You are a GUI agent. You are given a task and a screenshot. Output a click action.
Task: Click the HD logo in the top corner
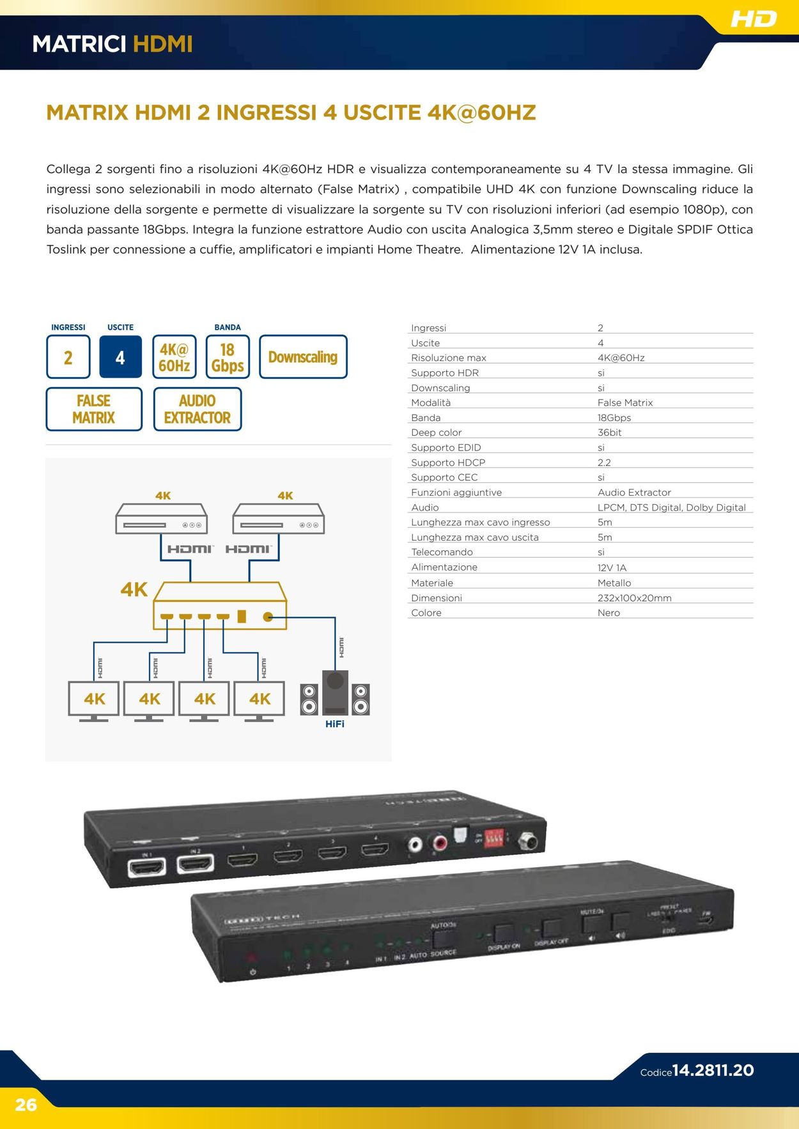754,19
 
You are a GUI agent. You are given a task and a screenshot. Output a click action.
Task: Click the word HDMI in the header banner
162,44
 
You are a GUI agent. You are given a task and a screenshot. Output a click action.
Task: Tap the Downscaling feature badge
303,357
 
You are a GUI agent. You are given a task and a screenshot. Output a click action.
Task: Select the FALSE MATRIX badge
94,409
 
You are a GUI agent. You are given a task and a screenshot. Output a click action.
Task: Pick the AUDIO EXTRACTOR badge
198,409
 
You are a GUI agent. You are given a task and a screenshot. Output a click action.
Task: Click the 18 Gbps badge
228,357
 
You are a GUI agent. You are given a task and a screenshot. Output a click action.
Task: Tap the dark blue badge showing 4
120,357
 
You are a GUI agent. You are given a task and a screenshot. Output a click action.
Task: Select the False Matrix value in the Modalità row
625,403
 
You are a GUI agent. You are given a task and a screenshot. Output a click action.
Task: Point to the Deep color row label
436,433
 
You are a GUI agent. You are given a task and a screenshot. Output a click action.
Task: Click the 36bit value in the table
609,433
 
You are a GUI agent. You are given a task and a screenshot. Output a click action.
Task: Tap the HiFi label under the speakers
335,724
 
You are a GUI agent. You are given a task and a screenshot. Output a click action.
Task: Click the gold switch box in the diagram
220,606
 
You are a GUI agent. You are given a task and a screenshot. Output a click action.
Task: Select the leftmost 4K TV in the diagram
94,699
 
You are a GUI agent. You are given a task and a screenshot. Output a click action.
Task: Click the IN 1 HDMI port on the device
147,866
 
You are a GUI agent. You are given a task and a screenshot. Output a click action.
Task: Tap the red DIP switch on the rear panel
493,838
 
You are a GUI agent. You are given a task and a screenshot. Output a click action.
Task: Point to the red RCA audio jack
440,843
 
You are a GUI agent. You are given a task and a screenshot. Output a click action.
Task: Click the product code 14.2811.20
713,1070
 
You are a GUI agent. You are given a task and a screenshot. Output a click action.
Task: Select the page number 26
26,1105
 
